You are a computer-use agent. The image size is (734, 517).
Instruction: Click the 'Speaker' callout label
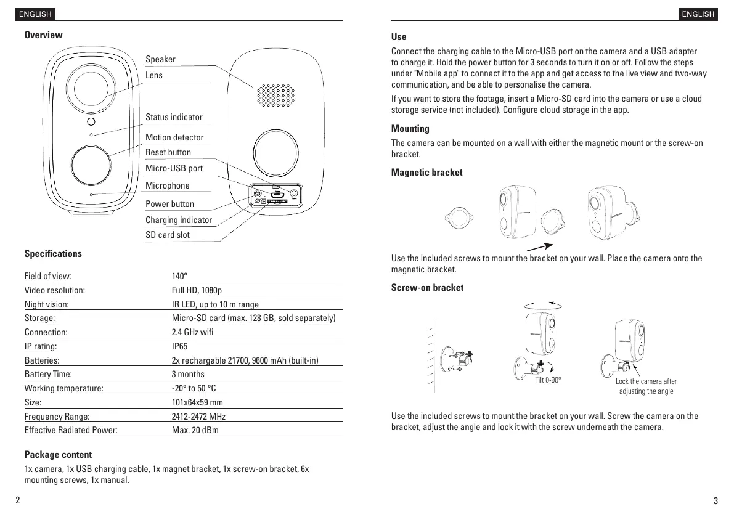160,59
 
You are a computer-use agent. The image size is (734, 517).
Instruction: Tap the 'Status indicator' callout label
174,117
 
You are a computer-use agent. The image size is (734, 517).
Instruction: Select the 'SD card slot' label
168,235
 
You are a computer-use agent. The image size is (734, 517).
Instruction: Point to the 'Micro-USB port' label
174,168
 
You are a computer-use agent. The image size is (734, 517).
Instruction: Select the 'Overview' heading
43,35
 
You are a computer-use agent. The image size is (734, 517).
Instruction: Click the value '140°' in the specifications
179,276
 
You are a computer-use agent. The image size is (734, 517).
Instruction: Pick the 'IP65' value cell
180,346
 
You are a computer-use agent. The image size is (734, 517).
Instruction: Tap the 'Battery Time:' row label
48,374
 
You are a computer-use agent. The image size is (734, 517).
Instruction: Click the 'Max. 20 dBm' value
195,430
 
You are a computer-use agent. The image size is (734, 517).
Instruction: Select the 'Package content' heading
58,455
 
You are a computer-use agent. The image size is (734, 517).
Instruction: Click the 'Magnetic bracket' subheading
426,173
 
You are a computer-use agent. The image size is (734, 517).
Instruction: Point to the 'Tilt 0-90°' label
548,380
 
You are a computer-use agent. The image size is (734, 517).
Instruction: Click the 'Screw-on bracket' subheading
427,288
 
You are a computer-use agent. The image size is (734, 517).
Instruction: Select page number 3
715,500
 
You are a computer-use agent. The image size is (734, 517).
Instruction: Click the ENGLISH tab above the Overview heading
36,14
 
